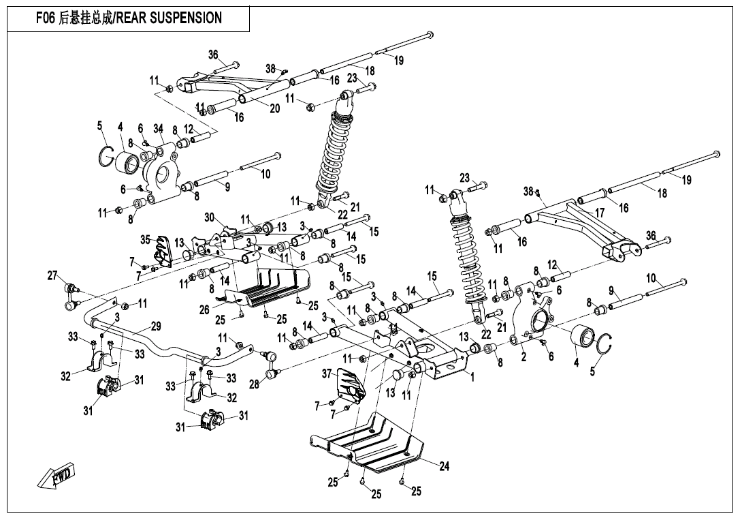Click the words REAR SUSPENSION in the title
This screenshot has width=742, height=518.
170,18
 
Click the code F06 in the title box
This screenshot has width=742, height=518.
47,18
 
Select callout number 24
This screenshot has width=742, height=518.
444,467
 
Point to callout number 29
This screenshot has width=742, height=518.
156,326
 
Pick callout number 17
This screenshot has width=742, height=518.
600,213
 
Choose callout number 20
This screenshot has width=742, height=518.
274,108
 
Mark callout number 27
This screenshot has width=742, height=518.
52,275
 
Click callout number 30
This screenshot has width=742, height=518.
210,217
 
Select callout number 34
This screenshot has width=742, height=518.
159,128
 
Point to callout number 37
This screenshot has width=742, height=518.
326,374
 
